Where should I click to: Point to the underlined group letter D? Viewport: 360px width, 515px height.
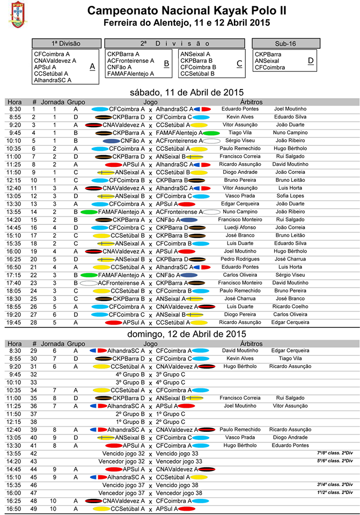[x=311, y=61]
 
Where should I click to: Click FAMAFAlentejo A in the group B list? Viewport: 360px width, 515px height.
[x=130, y=73]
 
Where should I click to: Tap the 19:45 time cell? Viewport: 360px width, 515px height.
[x=14, y=322]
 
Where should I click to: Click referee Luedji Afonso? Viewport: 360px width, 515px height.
[x=239, y=227]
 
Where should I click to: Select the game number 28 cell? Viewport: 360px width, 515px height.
[x=34, y=322]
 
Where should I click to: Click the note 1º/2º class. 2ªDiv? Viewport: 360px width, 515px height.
[x=335, y=492]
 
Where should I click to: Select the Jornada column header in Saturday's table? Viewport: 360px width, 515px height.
[x=52, y=101]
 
